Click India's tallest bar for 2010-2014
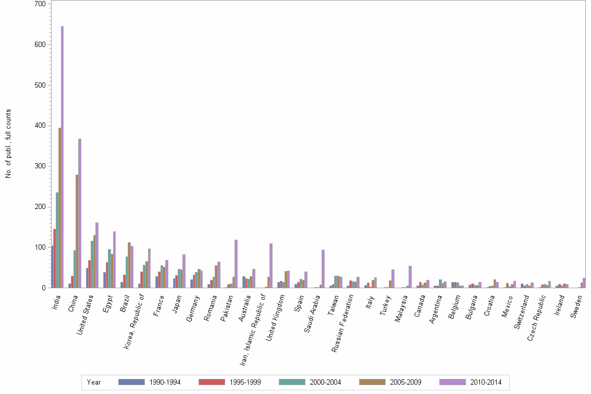pyautogui.click(x=63, y=156)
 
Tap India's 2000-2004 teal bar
pyautogui.click(x=57, y=240)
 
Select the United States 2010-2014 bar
pyautogui.click(x=97, y=255)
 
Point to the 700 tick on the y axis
pyautogui.click(x=40, y=4)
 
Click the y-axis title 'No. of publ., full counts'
pyautogui.click(x=8, y=144)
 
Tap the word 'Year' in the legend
pyautogui.click(x=94, y=383)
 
